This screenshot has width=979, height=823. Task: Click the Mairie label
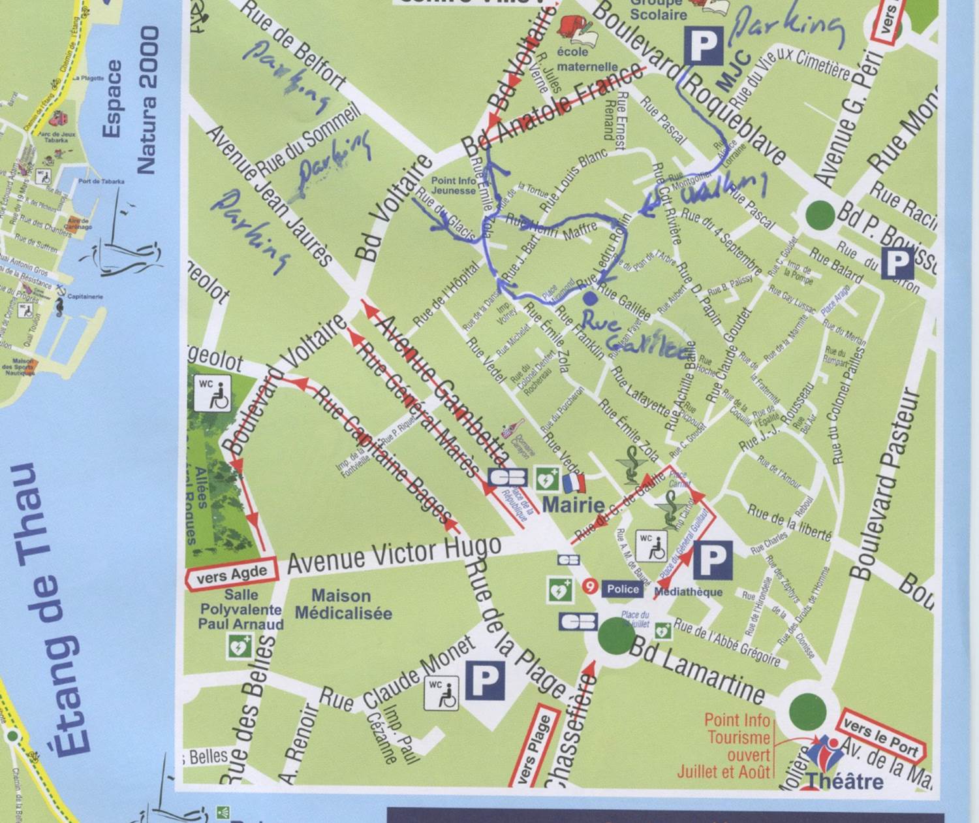point(573,504)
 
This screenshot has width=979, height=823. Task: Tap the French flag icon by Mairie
point(574,483)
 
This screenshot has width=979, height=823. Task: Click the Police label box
point(623,589)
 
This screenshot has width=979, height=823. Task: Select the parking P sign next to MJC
point(704,45)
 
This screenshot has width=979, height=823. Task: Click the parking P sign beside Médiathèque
point(712,560)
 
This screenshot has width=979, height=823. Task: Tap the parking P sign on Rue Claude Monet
point(484,679)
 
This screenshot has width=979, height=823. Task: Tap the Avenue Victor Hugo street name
point(394,555)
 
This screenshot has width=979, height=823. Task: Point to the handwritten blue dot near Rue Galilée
point(589,299)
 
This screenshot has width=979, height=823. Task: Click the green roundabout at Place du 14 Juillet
point(615,634)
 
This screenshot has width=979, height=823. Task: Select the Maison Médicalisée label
point(343,604)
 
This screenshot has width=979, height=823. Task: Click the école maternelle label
point(587,59)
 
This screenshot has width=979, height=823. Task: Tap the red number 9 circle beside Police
point(590,587)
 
